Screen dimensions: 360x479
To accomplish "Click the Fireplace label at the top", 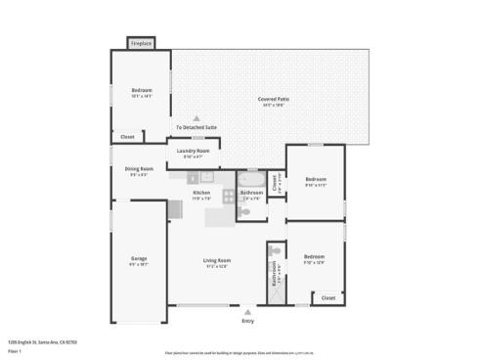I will click(x=142, y=44).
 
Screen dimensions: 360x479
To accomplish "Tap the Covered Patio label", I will click(x=273, y=100).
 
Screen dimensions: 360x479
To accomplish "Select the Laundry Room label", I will click(x=193, y=152).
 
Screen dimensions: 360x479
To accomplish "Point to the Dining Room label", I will click(x=139, y=169).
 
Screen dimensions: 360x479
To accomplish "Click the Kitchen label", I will click(x=201, y=194).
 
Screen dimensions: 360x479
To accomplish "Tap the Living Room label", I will click(x=216, y=260).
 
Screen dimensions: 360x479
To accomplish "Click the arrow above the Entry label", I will click(x=247, y=312).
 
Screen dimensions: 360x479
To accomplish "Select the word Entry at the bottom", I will click(x=247, y=321).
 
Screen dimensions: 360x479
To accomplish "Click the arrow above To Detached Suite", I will click(x=196, y=117).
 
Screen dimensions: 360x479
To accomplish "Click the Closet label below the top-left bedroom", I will click(x=127, y=137).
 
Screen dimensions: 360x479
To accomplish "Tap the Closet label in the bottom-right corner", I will click(x=327, y=297).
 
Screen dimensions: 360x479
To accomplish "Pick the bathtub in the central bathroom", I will click(x=250, y=180).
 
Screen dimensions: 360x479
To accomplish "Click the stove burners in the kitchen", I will click(x=194, y=177).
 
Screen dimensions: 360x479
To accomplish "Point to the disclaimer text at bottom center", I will click(x=239, y=350).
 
